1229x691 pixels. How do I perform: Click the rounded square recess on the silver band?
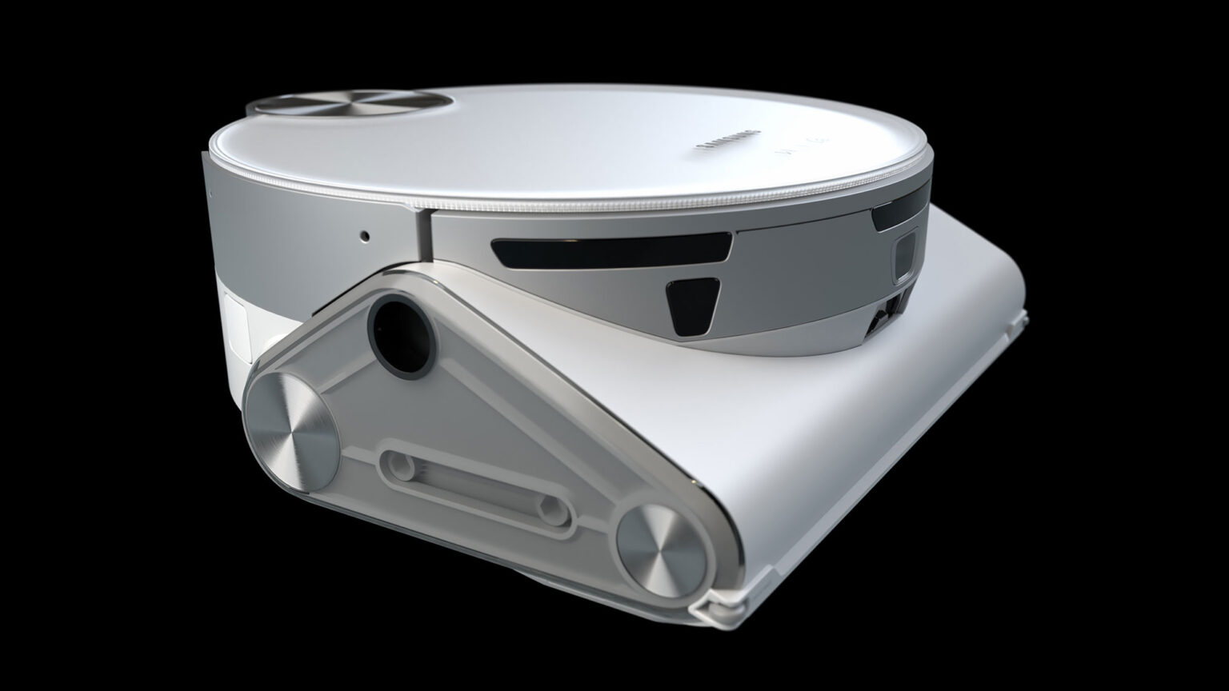[905, 256]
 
